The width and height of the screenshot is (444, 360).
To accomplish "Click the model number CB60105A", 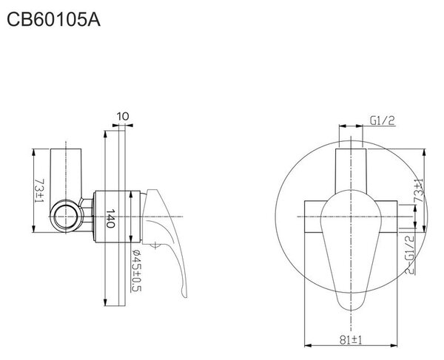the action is pos(53,20).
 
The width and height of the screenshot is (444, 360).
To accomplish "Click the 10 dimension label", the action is pos(123,116).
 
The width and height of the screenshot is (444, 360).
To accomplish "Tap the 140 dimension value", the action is pos(110,218).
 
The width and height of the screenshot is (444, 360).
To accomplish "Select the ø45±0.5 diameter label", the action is pos(136,271).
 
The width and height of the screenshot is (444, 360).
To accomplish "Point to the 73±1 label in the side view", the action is pos(39,190).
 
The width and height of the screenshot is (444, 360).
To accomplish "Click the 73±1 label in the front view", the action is pos(419,191).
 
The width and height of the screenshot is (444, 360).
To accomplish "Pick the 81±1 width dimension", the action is pos(351,340).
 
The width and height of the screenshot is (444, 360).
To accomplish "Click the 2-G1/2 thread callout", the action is pos(409,254).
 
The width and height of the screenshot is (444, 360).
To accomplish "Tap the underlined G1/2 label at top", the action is pos(383,121).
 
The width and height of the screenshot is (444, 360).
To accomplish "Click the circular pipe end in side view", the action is pos(66,217).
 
